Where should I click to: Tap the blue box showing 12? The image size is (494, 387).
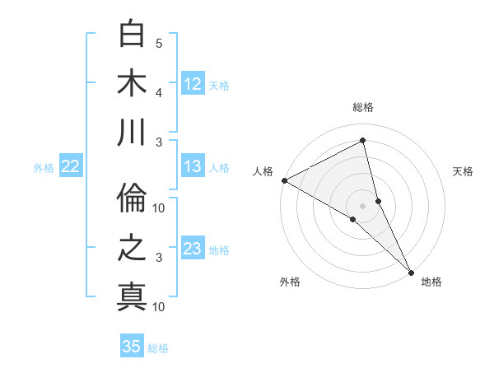[x=193, y=83]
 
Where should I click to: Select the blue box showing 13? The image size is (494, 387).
[x=193, y=166]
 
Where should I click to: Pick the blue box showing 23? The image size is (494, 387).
[x=193, y=249]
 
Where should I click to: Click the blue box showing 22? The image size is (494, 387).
[x=71, y=166]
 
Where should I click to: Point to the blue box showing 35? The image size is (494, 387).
[x=132, y=347]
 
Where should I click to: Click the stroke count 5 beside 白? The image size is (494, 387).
[x=159, y=43]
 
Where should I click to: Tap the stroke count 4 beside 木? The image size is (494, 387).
[x=159, y=92]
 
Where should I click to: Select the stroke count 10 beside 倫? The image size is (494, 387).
[x=159, y=207]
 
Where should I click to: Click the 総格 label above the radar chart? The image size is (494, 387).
[x=363, y=108]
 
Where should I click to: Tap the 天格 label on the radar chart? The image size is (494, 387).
[x=463, y=171]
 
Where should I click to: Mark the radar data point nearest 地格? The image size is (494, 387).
[x=410, y=269]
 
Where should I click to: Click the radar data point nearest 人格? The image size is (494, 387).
[x=284, y=180]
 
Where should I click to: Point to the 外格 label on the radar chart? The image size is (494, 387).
[x=290, y=282]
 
